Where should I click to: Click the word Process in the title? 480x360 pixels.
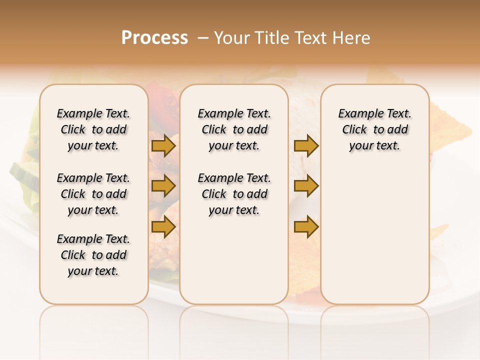tap(154, 38)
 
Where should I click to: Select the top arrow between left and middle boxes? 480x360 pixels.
tap(163, 146)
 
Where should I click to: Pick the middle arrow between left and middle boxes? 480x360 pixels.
tap(163, 186)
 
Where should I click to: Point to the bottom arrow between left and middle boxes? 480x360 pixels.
tap(163, 226)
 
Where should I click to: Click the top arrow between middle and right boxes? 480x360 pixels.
tap(306, 146)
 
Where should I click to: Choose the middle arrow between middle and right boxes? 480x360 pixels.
tap(306, 186)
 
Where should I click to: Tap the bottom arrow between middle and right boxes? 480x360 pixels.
tap(306, 226)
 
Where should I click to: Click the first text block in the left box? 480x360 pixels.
tap(93, 129)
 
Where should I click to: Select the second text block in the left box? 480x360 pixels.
tap(93, 194)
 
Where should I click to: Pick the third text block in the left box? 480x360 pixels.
tap(93, 255)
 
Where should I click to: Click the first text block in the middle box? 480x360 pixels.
tap(234, 129)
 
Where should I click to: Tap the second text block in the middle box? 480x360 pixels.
tap(234, 194)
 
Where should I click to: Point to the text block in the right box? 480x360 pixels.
tap(375, 129)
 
